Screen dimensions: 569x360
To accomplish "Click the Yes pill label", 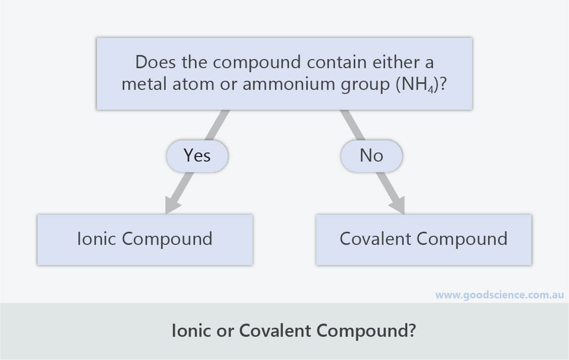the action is point(197,156).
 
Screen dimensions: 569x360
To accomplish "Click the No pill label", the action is point(371,156).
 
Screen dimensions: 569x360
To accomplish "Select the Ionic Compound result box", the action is point(145,240).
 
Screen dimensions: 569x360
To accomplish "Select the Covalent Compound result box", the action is point(423,240).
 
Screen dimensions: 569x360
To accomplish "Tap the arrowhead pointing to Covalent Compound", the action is point(398,204).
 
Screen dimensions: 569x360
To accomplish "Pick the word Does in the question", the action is point(156,62).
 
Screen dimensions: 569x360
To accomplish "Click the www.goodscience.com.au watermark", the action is point(499,295).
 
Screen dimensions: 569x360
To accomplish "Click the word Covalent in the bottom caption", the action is point(275,331).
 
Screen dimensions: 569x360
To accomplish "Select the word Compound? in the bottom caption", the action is point(366,331).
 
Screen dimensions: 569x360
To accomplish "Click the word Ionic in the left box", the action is point(97,239).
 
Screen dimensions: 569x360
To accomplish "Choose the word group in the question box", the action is point(365,85).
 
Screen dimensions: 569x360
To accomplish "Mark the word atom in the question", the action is point(194,84).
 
